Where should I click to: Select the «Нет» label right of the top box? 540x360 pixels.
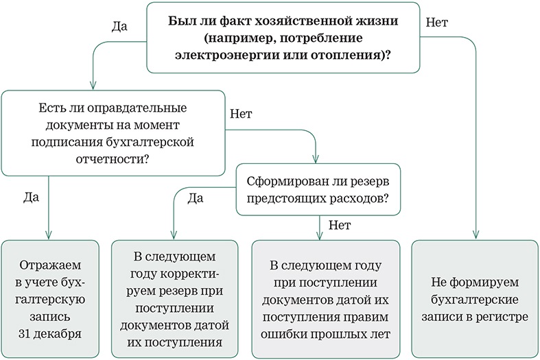click(x=437, y=23)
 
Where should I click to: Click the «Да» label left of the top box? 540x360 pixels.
click(x=119, y=27)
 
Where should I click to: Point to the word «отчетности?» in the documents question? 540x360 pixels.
click(x=113, y=159)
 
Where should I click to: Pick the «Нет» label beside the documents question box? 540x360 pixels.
click(x=241, y=114)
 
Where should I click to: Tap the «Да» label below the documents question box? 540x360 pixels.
click(x=31, y=197)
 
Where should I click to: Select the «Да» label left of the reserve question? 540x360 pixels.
click(x=196, y=198)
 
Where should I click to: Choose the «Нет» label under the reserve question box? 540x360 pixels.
click(x=340, y=225)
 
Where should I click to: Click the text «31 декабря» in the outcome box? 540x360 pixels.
click(x=50, y=333)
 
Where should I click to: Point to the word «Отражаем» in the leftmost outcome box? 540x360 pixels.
click(x=50, y=265)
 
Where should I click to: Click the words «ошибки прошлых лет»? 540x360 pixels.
click(x=325, y=334)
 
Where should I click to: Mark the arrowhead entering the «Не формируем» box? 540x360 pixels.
click(x=476, y=235)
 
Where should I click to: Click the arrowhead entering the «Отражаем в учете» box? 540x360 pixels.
click(x=49, y=235)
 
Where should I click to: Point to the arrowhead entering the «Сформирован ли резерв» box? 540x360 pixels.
click(x=316, y=158)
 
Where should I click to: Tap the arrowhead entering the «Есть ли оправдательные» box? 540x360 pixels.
click(x=93, y=85)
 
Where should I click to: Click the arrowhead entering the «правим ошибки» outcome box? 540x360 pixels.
click(x=320, y=235)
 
